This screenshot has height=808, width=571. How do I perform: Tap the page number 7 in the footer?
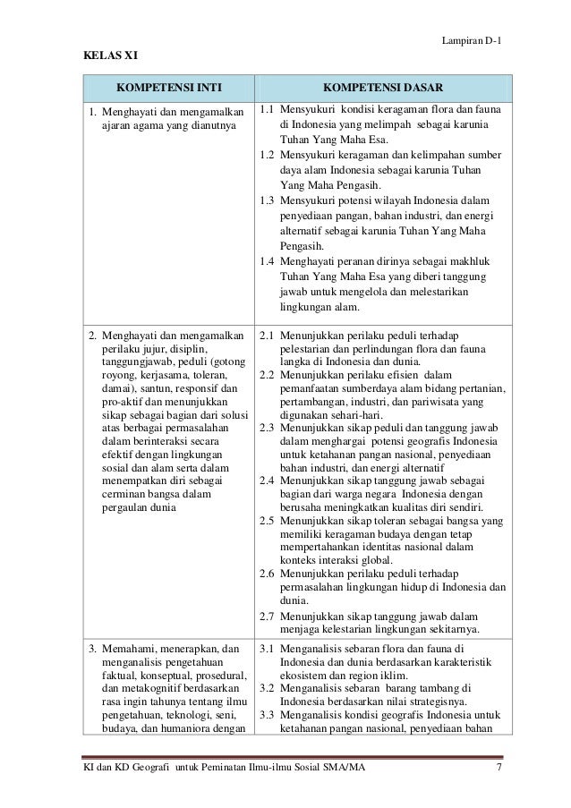tap(501, 767)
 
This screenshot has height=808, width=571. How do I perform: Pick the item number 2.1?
tap(266, 336)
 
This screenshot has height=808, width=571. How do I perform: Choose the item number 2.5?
tap(266, 520)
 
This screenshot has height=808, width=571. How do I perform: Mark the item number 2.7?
tap(266, 616)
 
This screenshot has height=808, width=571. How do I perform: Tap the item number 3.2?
tap(266, 687)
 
